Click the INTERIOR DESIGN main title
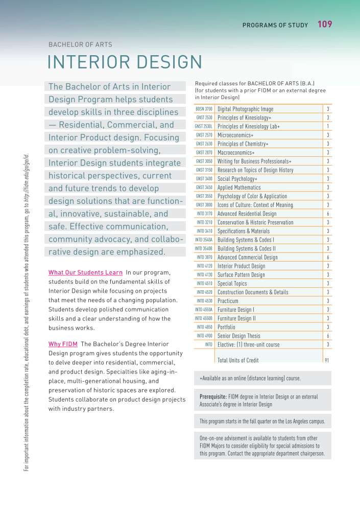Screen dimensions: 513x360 (125, 62)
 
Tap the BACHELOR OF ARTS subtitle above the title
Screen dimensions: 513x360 (80, 44)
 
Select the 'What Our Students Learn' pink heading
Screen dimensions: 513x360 (85, 273)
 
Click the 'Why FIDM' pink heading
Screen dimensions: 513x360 (62, 343)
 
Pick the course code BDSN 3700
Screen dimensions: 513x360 (204, 109)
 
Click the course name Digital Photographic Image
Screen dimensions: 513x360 (245, 109)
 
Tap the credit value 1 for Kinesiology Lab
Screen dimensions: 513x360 (327, 126)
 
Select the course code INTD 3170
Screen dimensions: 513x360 (205, 214)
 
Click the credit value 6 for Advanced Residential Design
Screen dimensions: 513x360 (327, 214)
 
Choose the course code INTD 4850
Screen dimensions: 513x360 (205, 327)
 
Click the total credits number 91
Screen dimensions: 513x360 (327, 360)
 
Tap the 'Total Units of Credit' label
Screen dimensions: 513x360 (238, 360)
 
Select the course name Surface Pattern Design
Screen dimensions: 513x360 (241, 275)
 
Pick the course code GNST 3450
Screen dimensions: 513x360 (204, 188)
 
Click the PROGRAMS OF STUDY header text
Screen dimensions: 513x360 (275, 25)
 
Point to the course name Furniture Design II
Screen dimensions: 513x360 (236, 318)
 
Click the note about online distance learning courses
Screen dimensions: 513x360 (250, 379)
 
